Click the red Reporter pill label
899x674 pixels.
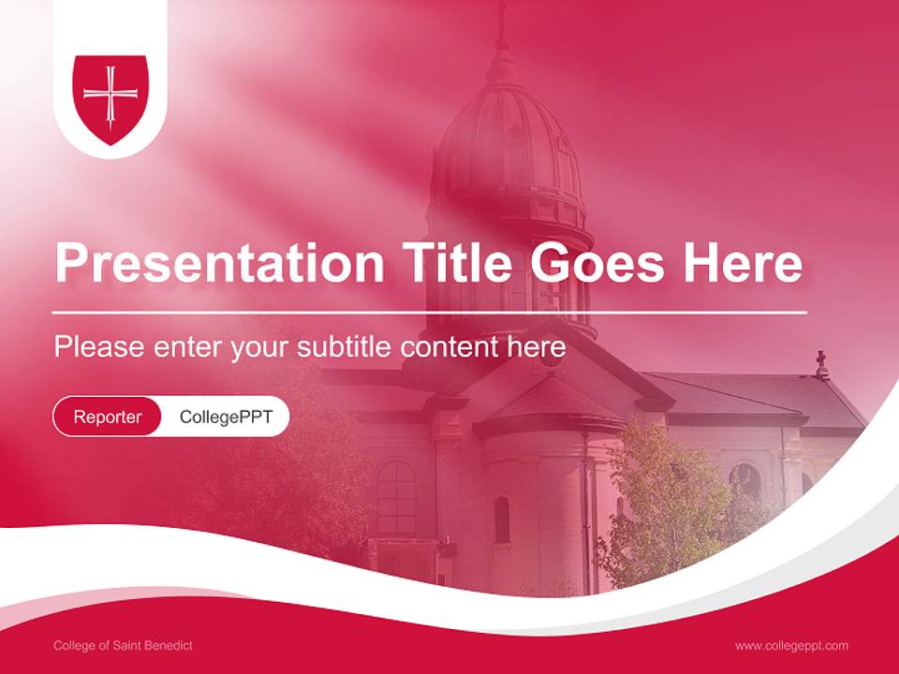click(x=108, y=417)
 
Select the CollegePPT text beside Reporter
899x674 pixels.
click(x=226, y=417)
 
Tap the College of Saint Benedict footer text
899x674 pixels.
click(x=124, y=645)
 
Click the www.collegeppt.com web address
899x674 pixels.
click(x=791, y=645)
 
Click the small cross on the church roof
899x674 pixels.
click(x=821, y=360)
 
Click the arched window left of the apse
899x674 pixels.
click(x=396, y=496)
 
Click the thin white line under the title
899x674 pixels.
click(x=430, y=312)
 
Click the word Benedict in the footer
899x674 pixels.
click(x=170, y=645)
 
